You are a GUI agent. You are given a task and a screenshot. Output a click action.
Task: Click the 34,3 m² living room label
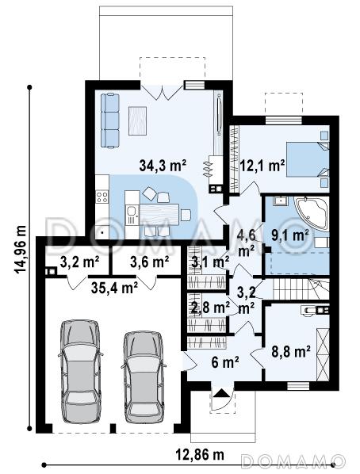click(163, 166)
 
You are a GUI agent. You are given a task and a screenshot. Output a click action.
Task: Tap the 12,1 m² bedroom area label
click(262, 166)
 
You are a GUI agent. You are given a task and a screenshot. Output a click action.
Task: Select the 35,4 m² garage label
click(115, 288)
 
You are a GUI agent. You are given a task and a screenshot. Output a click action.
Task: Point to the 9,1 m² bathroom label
click(289, 235)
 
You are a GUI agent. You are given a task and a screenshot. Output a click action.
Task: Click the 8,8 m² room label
click(291, 352)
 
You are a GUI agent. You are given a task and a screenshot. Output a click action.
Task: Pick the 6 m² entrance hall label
click(225, 362)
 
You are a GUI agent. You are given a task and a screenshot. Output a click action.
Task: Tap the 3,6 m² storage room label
click(149, 262)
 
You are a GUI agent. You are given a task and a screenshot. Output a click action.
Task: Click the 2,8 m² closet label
click(211, 308)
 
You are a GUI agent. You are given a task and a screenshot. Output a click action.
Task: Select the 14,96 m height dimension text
click(21, 250)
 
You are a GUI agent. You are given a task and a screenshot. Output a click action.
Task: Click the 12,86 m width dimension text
click(200, 454)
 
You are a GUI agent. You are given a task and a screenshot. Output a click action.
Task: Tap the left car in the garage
click(80, 371)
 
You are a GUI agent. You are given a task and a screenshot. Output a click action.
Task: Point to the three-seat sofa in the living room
click(110, 120)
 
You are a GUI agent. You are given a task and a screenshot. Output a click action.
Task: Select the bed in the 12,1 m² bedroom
click(308, 159)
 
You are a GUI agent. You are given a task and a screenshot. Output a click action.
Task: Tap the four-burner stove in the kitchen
click(102, 197)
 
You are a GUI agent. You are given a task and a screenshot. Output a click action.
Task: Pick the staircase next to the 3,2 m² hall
click(301, 289)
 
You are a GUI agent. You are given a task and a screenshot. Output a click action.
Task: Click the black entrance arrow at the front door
click(222, 393)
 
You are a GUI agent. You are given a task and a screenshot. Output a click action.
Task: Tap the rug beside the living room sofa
click(138, 121)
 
